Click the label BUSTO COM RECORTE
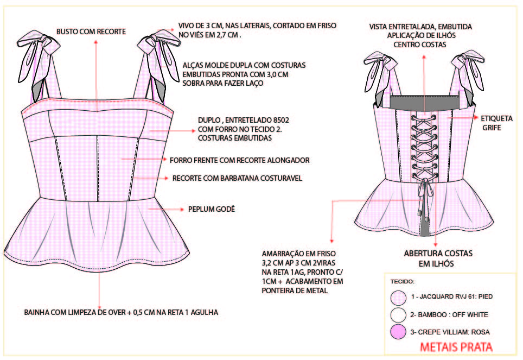(x=91, y=31)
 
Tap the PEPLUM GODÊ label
(x=212, y=209)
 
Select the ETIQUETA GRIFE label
(x=496, y=123)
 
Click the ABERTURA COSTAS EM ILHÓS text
(x=438, y=258)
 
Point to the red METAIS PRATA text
(x=456, y=347)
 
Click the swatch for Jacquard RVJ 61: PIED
(x=398, y=298)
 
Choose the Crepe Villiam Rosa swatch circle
(x=398, y=332)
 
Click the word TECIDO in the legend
(x=401, y=281)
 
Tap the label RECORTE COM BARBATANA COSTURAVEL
(x=237, y=178)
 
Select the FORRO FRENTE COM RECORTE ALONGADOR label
(x=239, y=160)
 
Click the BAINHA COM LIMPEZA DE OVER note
(x=121, y=313)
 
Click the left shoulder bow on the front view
(x=39, y=60)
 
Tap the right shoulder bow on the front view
(x=159, y=60)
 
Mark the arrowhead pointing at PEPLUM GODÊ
(x=182, y=210)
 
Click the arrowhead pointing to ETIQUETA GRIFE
(x=476, y=117)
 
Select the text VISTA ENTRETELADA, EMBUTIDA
(x=420, y=27)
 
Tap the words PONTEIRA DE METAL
(x=295, y=291)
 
